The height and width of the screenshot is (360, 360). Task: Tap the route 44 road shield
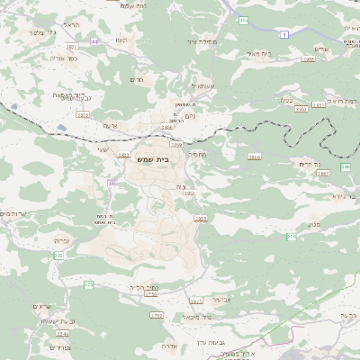tap(94, 41)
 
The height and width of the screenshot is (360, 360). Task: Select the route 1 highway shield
tap(285, 34)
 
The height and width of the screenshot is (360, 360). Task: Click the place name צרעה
tap(109, 125)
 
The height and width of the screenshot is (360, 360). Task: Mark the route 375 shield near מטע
tap(291, 237)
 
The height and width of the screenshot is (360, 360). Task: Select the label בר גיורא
tap(338, 194)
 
